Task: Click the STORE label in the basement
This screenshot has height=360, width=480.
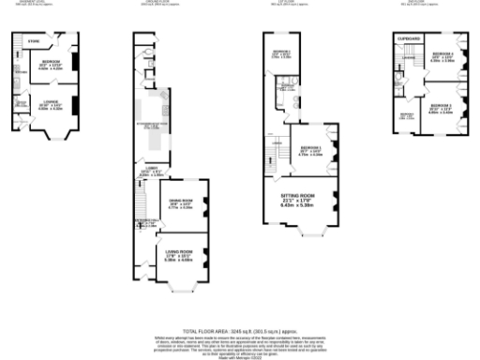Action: [x=33, y=41]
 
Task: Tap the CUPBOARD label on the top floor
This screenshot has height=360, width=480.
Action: [x=409, y=38]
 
